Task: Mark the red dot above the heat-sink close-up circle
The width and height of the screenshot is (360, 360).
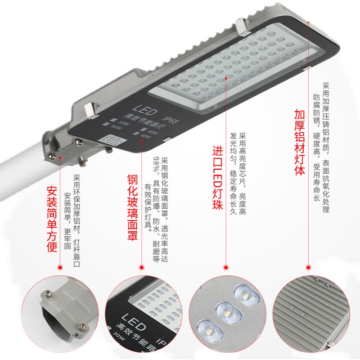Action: pos(308,267)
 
